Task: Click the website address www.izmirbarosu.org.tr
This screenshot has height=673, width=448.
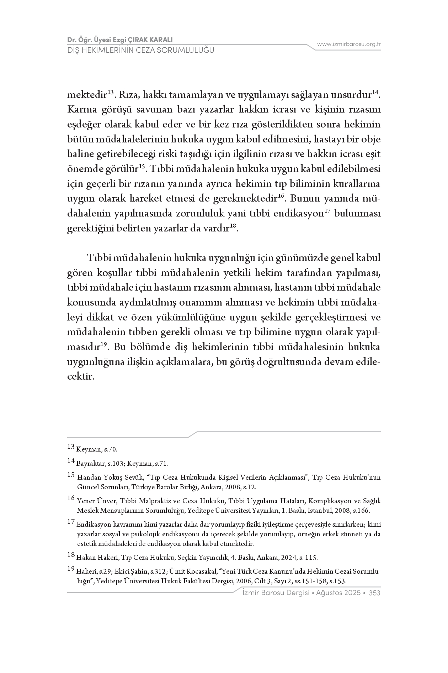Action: click(349, 44)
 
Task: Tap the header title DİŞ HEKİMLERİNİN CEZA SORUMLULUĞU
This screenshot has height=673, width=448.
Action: click(141, 50)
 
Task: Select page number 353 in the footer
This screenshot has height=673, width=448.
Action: click(374, 593)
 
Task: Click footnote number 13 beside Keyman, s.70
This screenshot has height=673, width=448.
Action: click(70, 446)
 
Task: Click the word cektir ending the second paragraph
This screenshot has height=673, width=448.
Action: click(80, 376)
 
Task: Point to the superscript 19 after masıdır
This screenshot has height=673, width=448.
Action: click(104, 344)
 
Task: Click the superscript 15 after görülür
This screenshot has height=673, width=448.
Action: click(141, 166)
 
